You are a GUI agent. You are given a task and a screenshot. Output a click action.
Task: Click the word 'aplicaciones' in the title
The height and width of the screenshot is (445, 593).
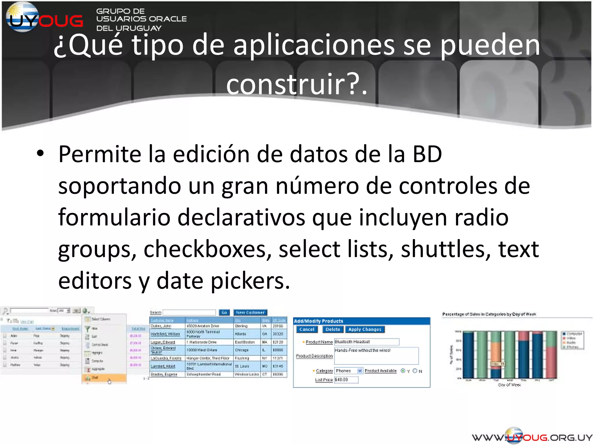[314, 45]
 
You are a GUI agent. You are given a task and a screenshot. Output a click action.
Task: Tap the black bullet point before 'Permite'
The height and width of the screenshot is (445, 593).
[40, 154]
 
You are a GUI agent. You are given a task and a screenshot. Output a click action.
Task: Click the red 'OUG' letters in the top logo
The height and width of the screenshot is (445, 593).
[61, 21]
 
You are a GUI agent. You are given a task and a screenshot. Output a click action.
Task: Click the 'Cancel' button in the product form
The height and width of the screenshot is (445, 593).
[307, 329]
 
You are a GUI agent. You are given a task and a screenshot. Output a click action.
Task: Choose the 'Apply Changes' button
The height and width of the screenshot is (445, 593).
[365, 329]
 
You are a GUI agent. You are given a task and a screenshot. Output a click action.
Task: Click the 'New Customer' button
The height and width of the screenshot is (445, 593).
[250, 313]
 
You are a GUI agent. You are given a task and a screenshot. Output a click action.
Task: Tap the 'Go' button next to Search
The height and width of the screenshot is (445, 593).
[224, 313]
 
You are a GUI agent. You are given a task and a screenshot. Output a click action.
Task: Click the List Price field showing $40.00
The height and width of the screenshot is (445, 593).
[346, 380]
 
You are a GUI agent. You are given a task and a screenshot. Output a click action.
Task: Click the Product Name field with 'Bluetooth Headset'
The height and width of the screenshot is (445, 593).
[366, 342]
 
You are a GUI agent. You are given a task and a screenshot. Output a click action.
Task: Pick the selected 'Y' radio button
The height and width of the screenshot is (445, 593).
[403, 371]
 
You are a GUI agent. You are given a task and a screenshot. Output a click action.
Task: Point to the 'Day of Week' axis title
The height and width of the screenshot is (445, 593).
[509, 385]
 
